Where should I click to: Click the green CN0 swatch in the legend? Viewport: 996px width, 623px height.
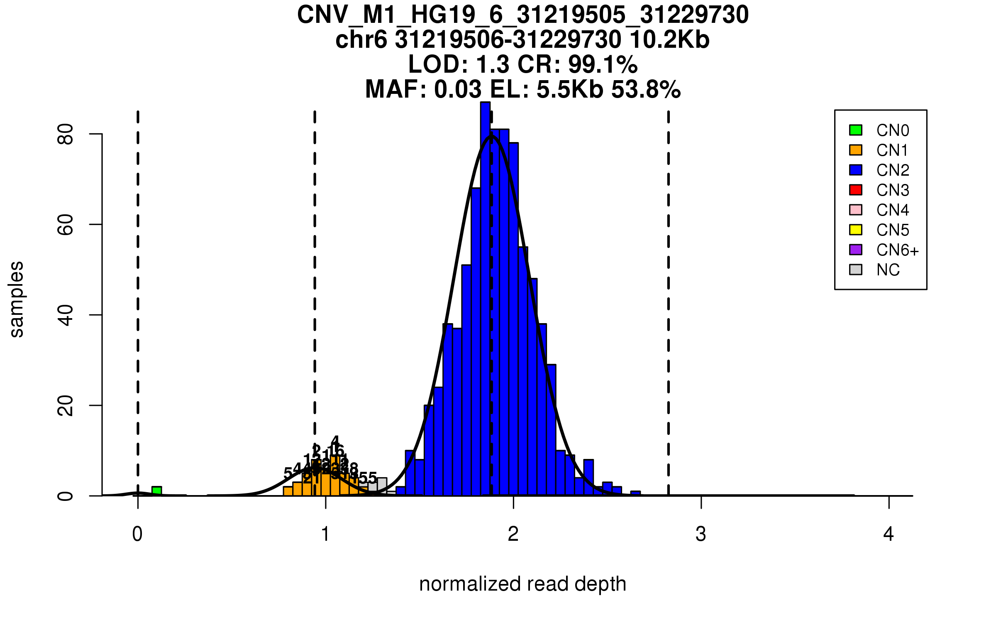click(856, 130)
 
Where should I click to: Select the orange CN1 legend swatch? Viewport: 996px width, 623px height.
click(856, 150)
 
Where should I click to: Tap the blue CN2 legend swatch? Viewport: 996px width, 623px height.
click(856, 170)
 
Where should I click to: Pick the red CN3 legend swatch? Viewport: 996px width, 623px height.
click(856, 190)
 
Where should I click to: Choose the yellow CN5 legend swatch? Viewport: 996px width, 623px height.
click(856, 230)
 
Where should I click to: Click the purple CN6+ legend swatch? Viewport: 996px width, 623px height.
click(856, 250)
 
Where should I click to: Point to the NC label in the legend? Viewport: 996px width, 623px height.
click(888, 270)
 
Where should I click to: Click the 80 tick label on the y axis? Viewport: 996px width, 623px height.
click(66, 134)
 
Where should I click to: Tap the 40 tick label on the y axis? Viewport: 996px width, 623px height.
click(66, 315)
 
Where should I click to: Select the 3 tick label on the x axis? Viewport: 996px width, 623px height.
click(701, 534)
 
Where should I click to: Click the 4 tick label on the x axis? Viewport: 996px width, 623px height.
click(889, 534)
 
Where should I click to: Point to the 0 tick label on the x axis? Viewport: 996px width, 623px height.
click(137, 534)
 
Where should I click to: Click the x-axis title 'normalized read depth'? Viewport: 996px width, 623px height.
click(522, 584)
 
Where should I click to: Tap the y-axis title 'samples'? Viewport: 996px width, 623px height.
click(17, 299)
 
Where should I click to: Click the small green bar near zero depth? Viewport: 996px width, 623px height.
click(156, 491)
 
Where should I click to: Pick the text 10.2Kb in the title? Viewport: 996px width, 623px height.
click(669, 39)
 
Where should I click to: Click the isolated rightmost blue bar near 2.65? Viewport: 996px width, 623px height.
click(635, 493)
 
